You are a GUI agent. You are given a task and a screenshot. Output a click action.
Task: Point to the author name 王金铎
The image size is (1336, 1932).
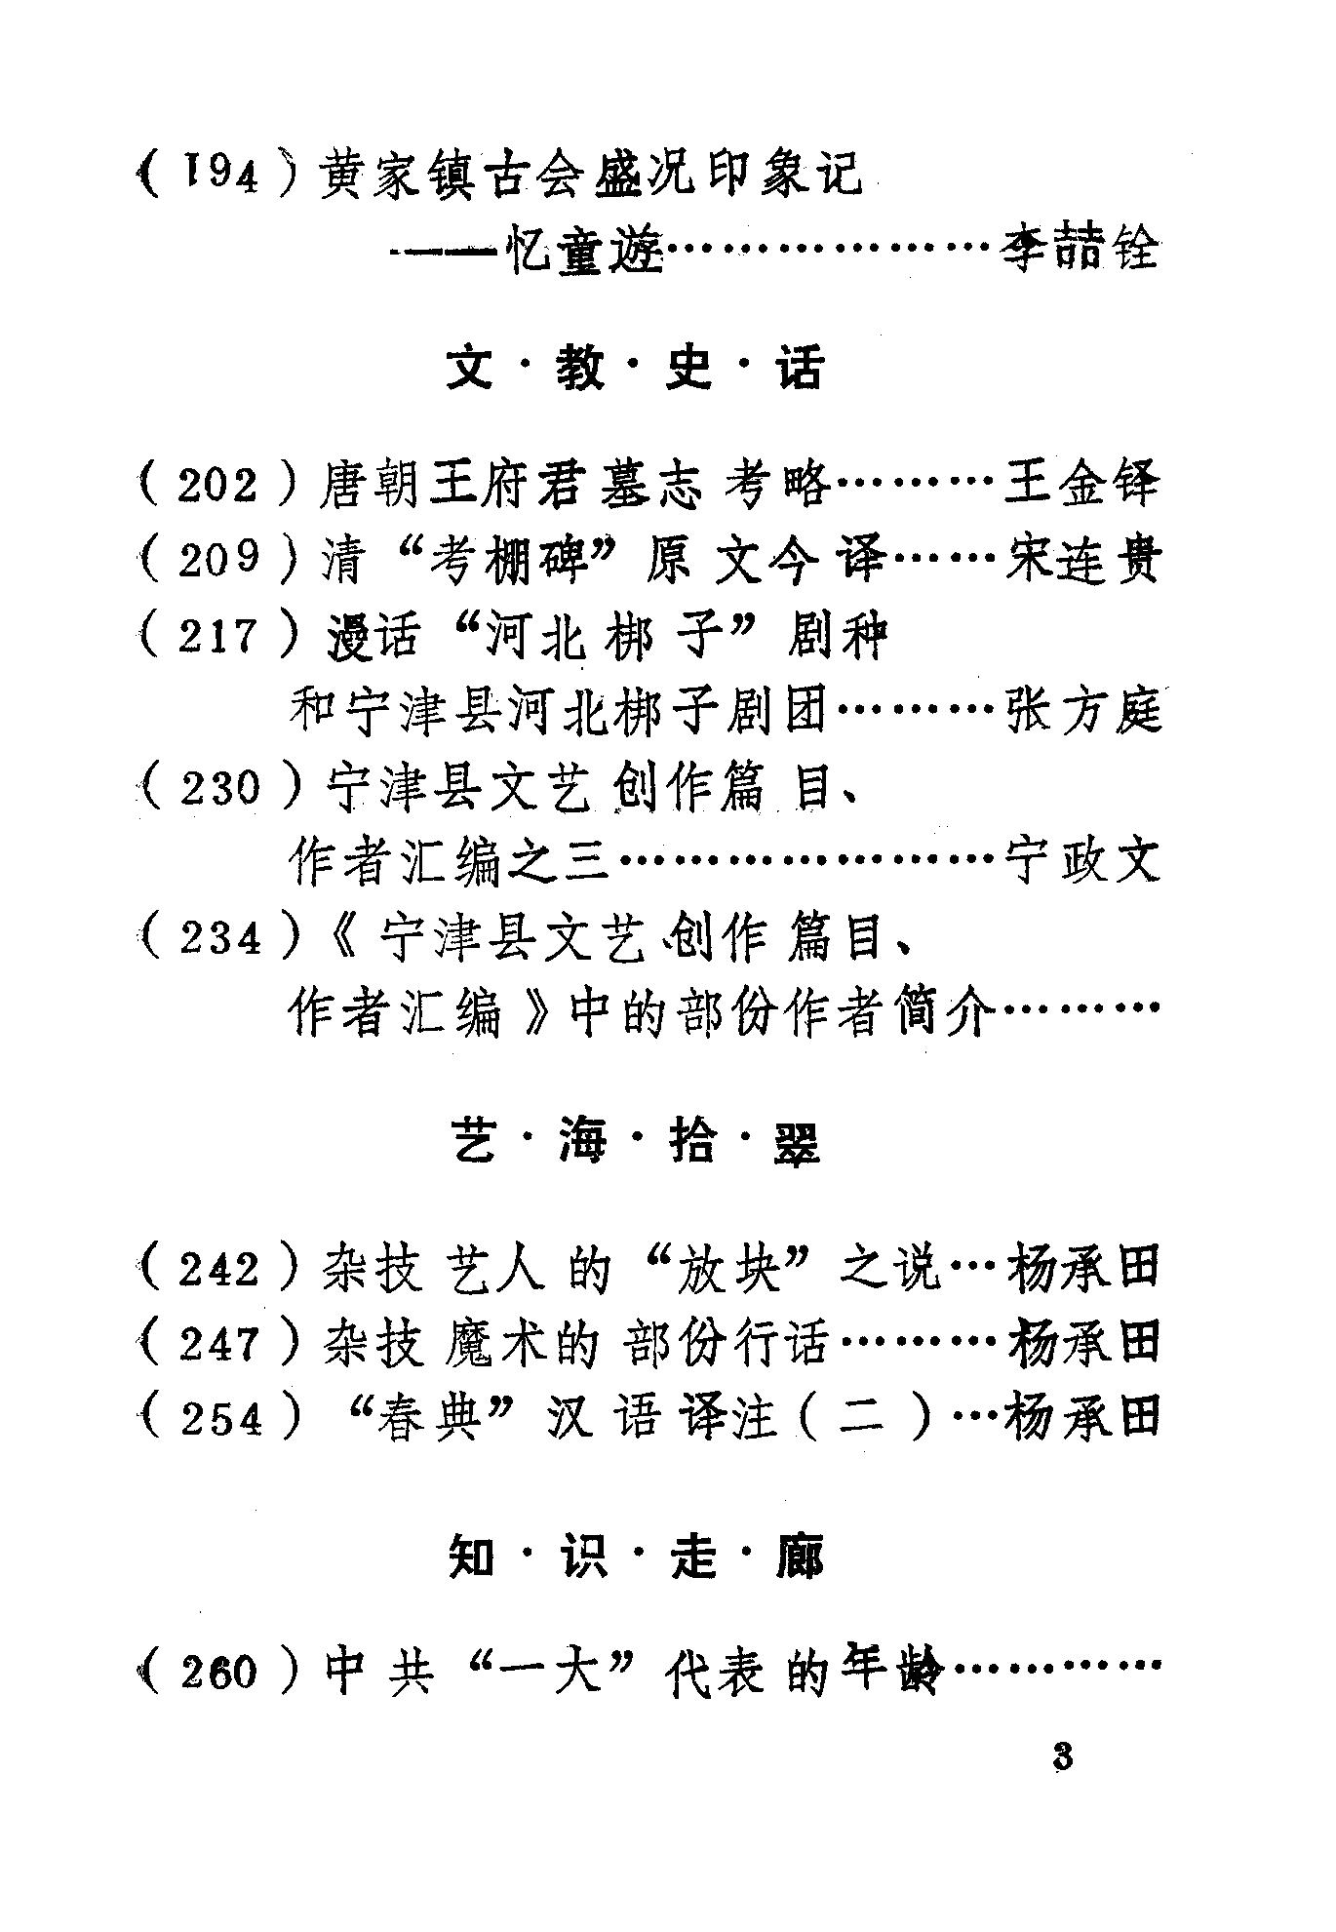click(x=1081, y=485)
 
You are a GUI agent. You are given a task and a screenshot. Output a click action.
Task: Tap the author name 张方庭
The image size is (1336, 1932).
click(x=1081, y=711)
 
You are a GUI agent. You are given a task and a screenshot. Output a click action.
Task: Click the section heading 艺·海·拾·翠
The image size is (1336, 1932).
click(x=635, y=1142)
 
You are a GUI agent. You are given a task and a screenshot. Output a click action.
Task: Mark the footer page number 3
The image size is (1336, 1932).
click(x=1062, y=1784)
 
